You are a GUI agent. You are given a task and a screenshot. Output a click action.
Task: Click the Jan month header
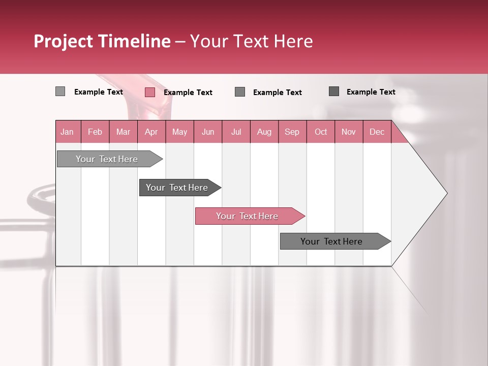[x=68, y=132]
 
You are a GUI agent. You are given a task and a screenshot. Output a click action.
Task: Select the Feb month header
[x=95, y=132]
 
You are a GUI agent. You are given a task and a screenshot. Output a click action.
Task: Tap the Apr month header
[x=151, y=132]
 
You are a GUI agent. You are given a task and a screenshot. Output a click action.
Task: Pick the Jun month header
[x=208, y=132]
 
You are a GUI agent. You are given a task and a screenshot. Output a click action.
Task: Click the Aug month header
[x=264, y=132]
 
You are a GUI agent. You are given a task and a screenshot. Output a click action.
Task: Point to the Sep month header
[x=292, y=132]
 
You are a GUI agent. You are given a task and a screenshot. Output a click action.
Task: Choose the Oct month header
[x=321, y=132]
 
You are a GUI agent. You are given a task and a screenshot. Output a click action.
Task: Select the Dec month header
[x=377, y=132]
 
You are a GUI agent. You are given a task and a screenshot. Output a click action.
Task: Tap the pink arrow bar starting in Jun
[x=248, y=216]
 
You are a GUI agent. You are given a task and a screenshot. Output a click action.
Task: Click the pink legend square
[x=149, y=92]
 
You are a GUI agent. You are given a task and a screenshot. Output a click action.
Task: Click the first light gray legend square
[x=60, y=91]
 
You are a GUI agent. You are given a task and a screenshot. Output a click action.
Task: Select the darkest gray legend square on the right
[x=334, y=91]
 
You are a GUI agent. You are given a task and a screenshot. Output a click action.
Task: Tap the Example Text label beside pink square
[x=188, y=93]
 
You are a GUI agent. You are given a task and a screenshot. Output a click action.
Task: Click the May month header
[x=179, y=132]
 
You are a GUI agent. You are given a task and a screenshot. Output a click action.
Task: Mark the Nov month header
[x=349, y=132]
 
